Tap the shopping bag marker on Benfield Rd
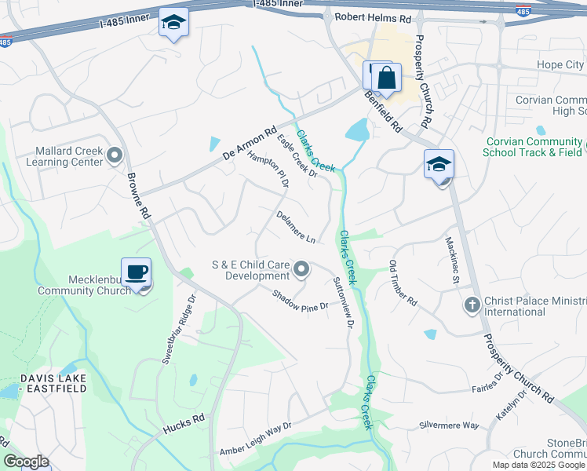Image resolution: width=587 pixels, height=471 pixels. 386,78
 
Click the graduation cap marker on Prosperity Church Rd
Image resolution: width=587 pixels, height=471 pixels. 439,164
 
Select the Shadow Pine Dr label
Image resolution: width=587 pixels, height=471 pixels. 299,301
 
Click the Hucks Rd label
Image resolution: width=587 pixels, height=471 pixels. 184,425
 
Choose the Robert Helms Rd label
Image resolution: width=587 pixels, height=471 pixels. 373,16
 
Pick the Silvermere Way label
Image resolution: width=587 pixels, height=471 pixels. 450,425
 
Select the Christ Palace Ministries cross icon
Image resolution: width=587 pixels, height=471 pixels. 472,305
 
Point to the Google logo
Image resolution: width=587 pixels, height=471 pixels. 27,461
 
